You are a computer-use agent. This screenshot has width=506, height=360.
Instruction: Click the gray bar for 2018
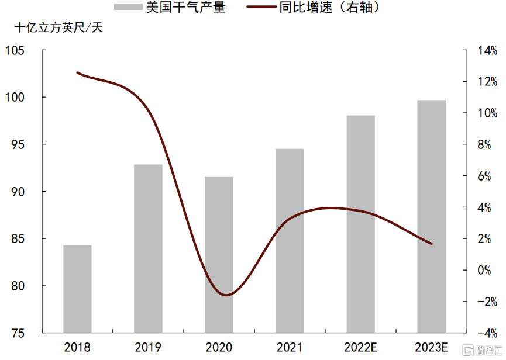point(77,289)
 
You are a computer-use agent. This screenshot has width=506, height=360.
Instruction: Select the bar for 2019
point(148,248)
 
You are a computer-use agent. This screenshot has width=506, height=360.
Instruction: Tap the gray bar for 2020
point(219,255)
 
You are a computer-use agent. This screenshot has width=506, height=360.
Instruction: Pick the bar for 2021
point(290,241)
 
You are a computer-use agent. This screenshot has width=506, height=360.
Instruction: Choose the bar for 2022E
point(361,224)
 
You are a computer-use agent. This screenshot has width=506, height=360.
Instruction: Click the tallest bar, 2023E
point(432,216)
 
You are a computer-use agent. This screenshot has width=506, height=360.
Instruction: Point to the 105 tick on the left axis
point(15,50)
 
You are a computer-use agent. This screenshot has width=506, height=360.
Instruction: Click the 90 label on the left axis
point(18,192)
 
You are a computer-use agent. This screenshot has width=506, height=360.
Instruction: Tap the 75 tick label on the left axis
point(18,333)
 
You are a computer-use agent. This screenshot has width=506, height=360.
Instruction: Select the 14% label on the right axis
point(487,50)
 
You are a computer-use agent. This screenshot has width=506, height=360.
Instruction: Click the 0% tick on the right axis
point(484,270)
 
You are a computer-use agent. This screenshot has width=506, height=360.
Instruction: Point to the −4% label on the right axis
point(487,333)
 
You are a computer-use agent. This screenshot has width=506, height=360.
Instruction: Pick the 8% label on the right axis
point(484,145)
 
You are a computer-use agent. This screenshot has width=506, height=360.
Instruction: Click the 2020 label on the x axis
point(219,347)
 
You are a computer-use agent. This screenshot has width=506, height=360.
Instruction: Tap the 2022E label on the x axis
point(360,347)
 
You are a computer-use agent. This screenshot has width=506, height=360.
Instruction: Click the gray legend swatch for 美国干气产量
point(128,7)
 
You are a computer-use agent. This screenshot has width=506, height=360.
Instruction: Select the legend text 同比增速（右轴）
point(329,7)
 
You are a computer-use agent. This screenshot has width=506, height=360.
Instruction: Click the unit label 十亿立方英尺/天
point(58,27)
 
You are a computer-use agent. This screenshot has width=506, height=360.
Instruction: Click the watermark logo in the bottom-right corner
point(482,350)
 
